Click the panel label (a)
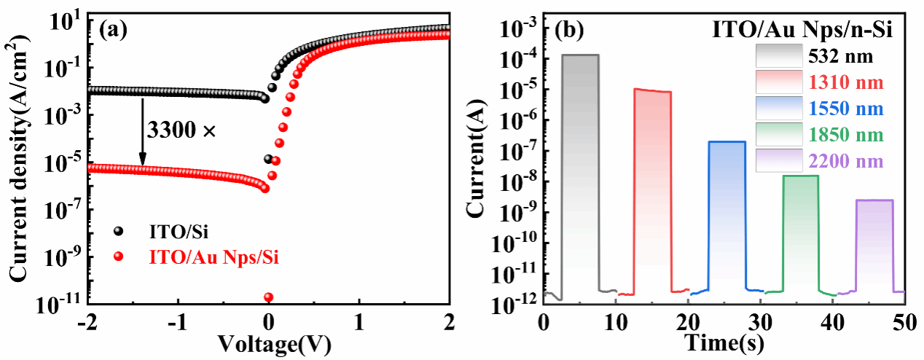coord(114,30)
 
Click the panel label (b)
coord(570,30)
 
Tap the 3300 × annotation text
coord(181,131)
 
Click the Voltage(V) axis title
coord(268,342)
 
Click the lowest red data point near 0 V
coord(268,297)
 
